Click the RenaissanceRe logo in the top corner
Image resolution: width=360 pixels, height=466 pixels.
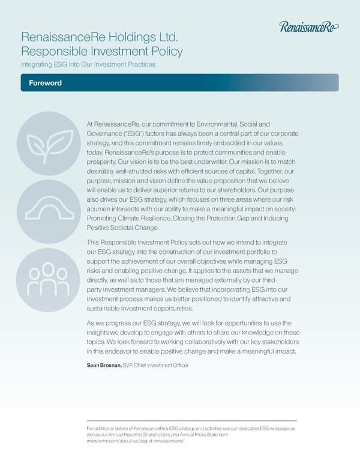tap(309, 26)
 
